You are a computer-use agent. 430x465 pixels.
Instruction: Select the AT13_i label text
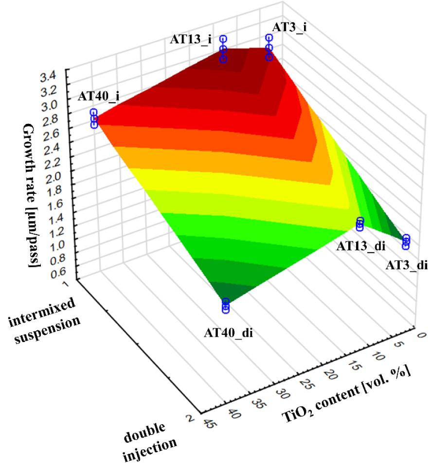pos(191,39)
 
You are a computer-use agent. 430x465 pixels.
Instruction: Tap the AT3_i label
pos(289,28)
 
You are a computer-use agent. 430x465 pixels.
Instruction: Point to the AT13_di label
pos(360,246)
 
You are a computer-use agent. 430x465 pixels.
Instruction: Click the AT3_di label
pos(406,265)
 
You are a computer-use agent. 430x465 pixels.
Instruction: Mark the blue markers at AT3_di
pos(406,242)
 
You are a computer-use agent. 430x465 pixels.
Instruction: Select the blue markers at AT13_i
pos(223,49)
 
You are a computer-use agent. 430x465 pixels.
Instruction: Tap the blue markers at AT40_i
pos(94,119)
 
